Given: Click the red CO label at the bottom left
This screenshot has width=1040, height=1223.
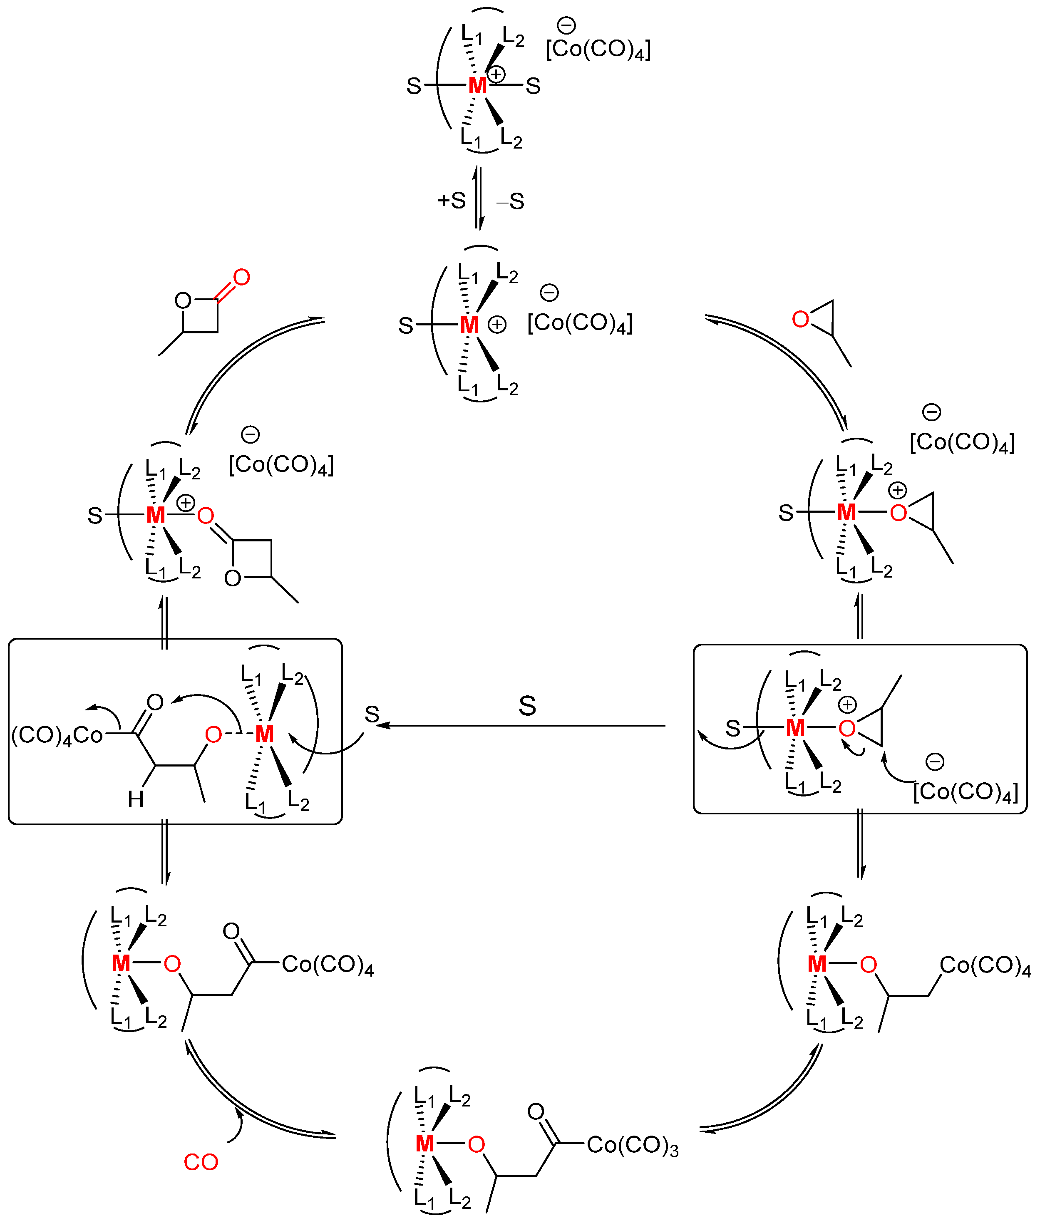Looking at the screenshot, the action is tap(201, 1162).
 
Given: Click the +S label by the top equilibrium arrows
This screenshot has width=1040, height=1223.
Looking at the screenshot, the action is tap(451, 201).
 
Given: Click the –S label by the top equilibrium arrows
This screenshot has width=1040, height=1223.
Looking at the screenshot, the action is tap(511, 201).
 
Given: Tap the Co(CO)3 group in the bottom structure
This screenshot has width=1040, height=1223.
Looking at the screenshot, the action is tap(633, 1145).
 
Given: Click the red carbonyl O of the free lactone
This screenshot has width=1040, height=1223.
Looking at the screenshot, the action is tap(242, 277).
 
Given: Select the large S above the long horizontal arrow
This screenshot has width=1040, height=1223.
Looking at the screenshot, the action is tap(527, 705).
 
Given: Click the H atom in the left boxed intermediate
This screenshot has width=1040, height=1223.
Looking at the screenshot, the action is tap(136, 800).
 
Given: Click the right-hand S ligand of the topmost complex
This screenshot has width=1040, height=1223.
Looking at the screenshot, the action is tap(533, 87).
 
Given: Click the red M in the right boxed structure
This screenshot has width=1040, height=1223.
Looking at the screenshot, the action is tap(795, 728).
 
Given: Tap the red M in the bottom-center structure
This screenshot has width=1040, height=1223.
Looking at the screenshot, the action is tap(424, 1144).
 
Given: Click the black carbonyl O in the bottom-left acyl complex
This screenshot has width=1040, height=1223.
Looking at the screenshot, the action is tap(231, 931).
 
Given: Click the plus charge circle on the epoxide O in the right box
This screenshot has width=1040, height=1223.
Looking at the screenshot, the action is tap(847, 705).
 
